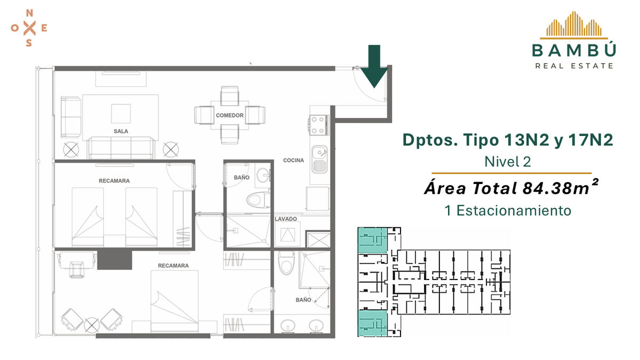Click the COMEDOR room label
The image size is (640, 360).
click(230, 115)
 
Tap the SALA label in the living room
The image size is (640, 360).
click(121, 131)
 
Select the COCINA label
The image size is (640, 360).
click(293, 161)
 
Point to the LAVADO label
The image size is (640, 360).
click(286, 219)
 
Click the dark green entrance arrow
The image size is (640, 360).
click(374, 66)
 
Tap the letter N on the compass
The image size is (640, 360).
click(29, 13)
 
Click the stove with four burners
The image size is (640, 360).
click(318, 125)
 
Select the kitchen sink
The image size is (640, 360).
click(319, 159)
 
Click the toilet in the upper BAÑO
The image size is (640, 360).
click(258, 199)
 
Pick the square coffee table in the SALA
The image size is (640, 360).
click(121, 114)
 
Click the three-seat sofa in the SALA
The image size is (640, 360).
click(121, 148)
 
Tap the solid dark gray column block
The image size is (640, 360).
click(115, 260)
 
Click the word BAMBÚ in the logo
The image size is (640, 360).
click(574, 50)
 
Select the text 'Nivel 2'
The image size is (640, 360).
click(508, 162)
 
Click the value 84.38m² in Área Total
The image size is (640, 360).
click(561, 187)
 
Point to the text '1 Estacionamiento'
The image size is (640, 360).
click(508, 211)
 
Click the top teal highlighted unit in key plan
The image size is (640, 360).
click(372, 241)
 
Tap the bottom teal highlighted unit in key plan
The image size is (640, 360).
click(372, 323)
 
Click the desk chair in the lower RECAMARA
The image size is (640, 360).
click(77, 269)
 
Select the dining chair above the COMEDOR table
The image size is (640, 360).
click(229, 95)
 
